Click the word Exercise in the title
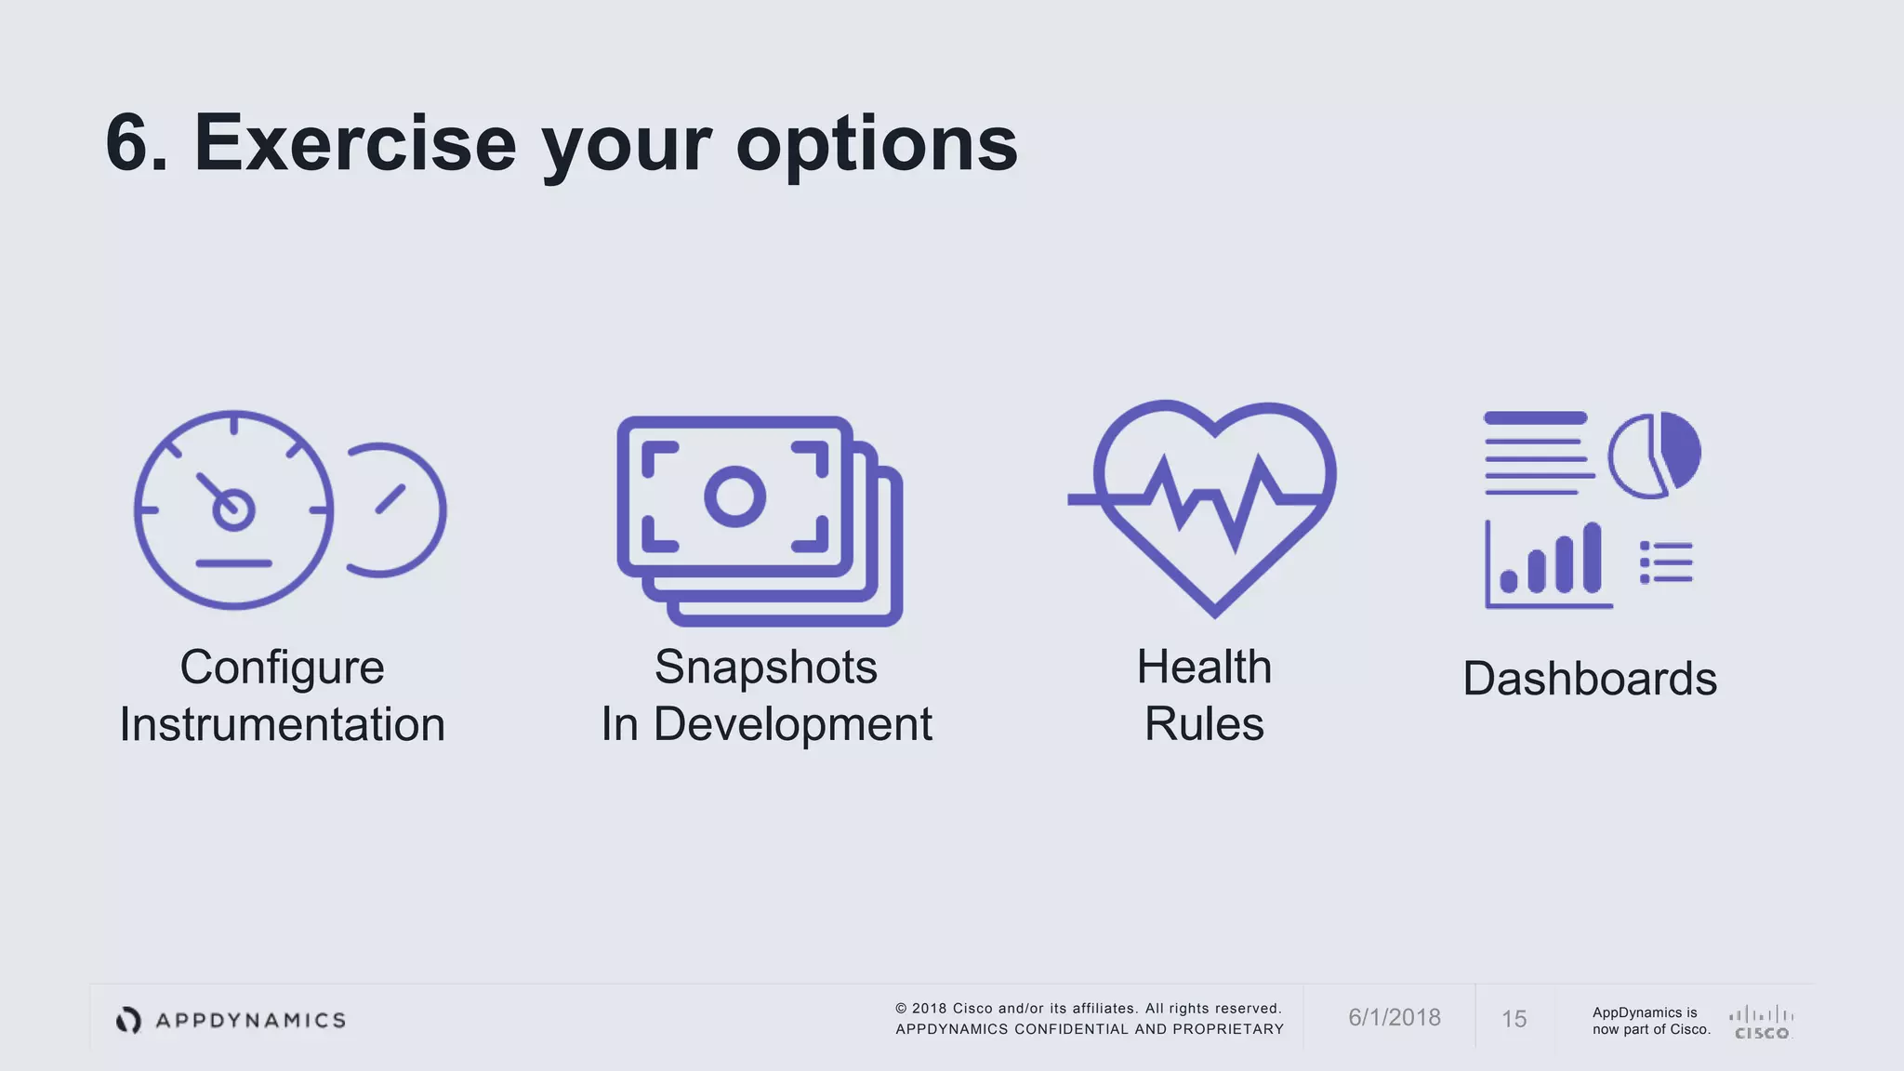(354, 144)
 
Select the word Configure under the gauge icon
(282, 668)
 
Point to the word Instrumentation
(282, 724)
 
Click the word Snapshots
(765, 668)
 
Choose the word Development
(792, 724)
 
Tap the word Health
(1204, 668)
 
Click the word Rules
(1204, 724)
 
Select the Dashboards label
(1589, 679)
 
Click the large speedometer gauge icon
(233, 509)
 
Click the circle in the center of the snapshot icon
(734, 496)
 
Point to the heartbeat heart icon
(1209, 502)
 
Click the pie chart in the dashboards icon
(1654, 455)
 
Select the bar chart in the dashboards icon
(1550, 563)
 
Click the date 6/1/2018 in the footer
(1394, 1018)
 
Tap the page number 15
(1514, 1020)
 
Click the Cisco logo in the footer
(1761, 1022)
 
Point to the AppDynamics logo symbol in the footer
(128, 1020)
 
